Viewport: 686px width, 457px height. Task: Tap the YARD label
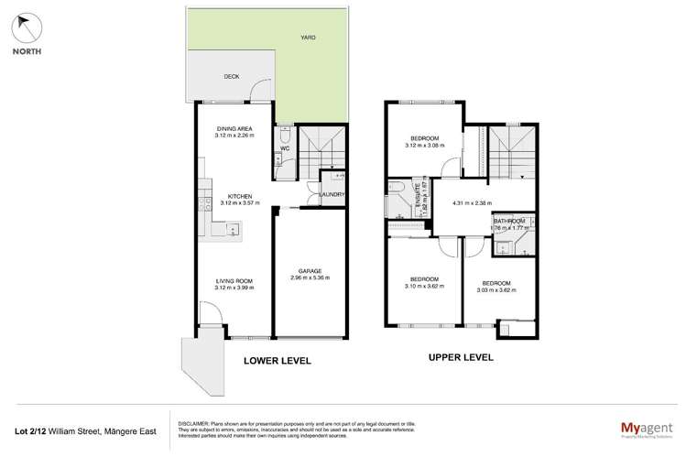311,38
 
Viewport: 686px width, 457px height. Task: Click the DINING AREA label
234,128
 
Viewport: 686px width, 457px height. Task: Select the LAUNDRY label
331,194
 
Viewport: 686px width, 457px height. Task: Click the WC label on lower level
285,147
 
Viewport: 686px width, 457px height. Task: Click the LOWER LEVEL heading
277,361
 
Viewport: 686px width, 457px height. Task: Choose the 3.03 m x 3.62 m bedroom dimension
495,289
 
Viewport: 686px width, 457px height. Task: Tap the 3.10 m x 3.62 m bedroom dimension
423,286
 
